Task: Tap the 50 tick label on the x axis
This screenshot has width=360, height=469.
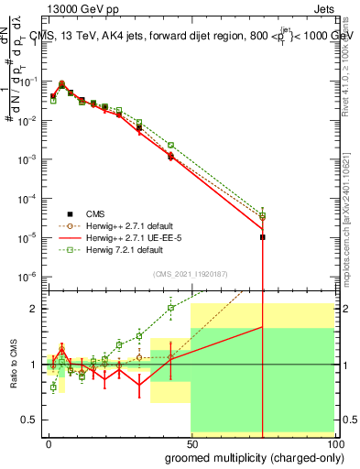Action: (x=191, y=442)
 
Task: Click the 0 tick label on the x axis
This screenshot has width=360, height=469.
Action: (x=49, y=442)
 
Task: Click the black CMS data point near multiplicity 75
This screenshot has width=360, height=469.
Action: (x=263, y=237)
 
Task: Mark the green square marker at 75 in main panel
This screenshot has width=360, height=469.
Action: (x=263, y=215)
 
